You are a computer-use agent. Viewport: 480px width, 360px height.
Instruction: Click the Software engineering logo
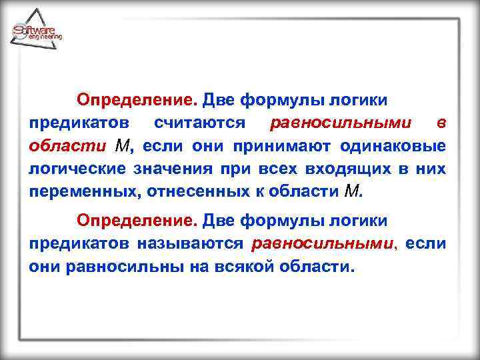[x=36, y=30]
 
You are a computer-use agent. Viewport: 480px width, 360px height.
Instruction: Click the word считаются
[x=200, y=123]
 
